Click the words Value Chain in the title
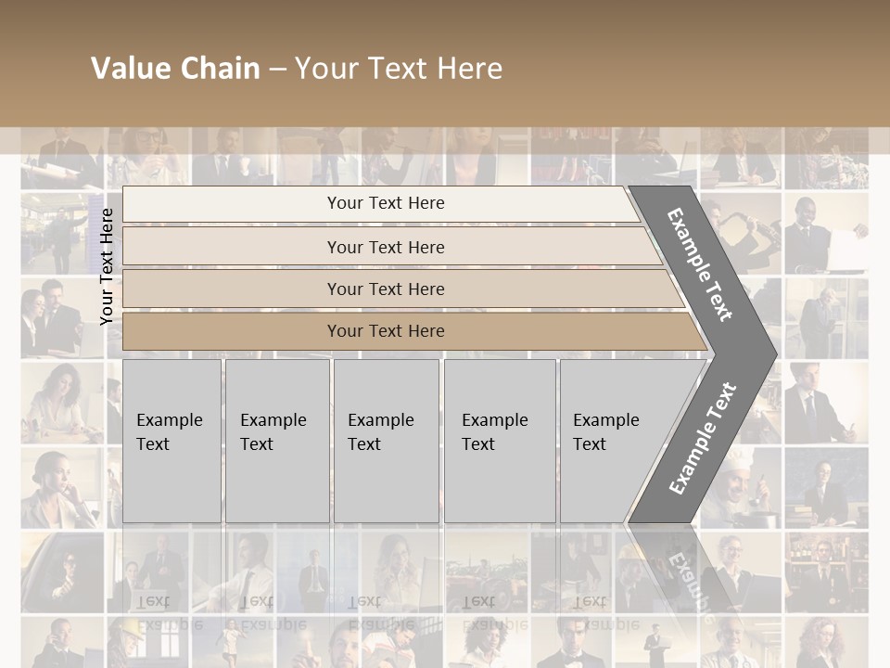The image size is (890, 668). coord(175,69)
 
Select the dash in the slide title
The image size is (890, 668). coord(277,70)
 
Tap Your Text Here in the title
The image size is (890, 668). coord(399,69)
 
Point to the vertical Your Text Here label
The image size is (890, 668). coord(108,266)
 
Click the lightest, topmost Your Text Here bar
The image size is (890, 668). coord(386,203)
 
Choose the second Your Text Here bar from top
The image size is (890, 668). coord(386,247)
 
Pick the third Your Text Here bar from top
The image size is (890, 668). coord(386,289)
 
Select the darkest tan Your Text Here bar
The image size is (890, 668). coord(386,331)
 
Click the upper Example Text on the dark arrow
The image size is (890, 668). coord(700,264)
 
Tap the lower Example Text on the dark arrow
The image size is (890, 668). coord(702,438)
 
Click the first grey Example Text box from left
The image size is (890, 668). coord(172,441)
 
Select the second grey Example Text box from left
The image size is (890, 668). coord(276,441)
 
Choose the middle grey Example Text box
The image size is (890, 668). coord(386,441)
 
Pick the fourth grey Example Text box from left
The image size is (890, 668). coord(500,441)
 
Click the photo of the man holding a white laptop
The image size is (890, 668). coord(825,232)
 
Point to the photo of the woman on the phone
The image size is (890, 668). coord(61,488)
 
